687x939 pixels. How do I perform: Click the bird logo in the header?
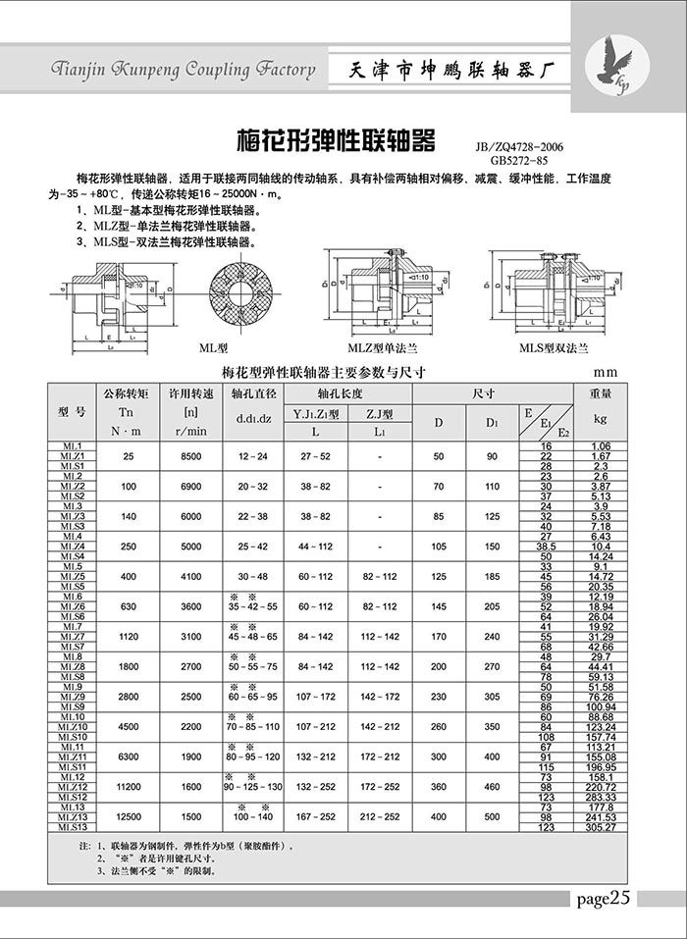(x=614, y=65)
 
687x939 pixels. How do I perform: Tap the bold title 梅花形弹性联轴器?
(x=337, y=140)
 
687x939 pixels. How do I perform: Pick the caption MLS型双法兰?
(x=555, y=347)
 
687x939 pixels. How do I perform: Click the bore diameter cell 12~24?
(x=252, y=456)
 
